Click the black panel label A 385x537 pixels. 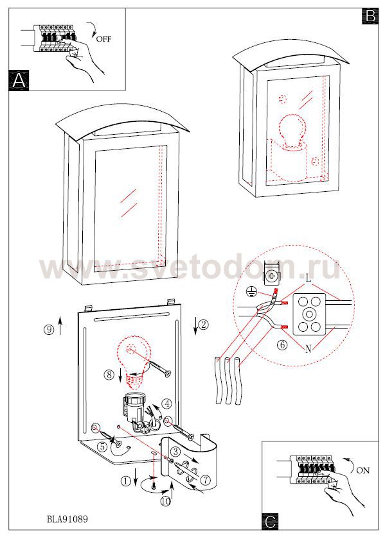19,80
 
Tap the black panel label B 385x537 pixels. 370,16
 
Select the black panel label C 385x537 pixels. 270,521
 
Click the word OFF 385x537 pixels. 103,38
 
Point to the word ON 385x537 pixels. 363,470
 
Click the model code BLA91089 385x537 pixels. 67,519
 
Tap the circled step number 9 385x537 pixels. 49,330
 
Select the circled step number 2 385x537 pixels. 204,324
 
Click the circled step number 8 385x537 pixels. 109,375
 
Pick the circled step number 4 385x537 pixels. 166,404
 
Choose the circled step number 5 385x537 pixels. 102,447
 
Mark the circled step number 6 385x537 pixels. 282,345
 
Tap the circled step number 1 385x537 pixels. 125,481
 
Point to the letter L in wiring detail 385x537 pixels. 309,278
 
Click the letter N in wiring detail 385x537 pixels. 308,349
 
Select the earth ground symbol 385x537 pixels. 252,291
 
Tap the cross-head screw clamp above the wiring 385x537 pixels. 271,274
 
